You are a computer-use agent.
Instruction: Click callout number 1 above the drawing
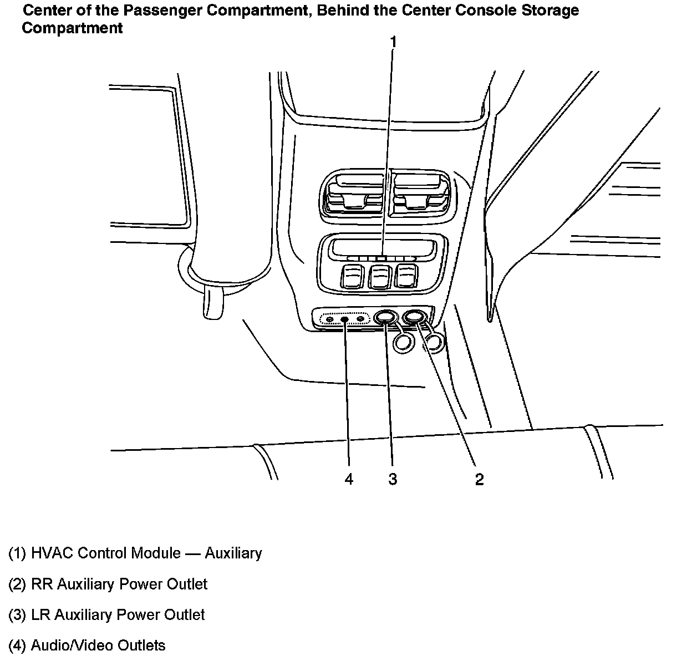click(x=394, y=42)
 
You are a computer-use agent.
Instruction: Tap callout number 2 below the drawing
click(x=479, y=479)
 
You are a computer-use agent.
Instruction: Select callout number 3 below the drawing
click(x=393, y=479)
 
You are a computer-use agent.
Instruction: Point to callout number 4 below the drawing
click(x=349, y=479)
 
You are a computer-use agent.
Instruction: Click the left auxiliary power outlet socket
click(x=385, y=318)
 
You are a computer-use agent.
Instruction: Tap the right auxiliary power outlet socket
click(x=414, y=317)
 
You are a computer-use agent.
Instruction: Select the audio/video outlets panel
click(x=345, y=319)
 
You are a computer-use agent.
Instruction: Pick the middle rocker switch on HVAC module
click(x=380, y=276)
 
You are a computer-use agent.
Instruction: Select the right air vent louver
click(x=419, y=196)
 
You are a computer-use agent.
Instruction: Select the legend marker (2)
click(x=17, y=584)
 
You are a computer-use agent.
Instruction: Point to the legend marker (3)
click(x=17, y=615)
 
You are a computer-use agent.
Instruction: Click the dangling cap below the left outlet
click(x=403, y=343)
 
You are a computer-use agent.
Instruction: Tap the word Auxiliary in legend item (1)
click(x=233, y=553)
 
